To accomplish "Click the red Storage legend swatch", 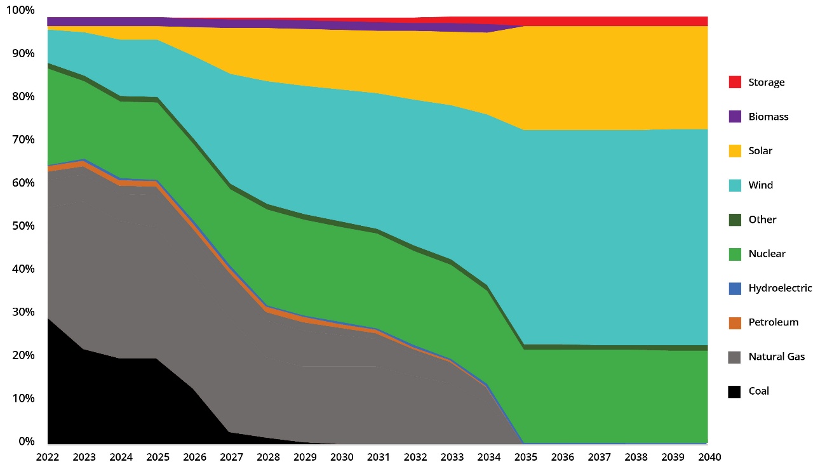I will tap(735, 82).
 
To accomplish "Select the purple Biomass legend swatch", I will tap(735, 117).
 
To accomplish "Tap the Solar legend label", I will tap(760, 151).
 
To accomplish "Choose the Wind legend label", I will tap(760, 185).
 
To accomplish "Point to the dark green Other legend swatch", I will tap(735, 220).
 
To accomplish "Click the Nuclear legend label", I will tap(767, 254).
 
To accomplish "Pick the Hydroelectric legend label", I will tap(780, 288).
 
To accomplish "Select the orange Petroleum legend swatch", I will tap(735, 322).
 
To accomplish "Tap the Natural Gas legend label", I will tap(776, 357).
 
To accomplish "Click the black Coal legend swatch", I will tap(735, 391).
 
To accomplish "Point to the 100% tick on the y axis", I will tap(21, 11).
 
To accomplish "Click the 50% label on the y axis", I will tap(23, 226).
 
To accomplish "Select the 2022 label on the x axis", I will tap(48, 457).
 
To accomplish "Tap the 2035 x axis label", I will tap(525, 457).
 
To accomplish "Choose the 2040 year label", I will tap(708, 457).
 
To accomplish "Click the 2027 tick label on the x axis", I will tap(231, 457).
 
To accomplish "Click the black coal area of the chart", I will tap(95, 400).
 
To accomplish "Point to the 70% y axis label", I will tap(23, 140).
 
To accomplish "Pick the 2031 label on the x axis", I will tap(378, 457).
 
